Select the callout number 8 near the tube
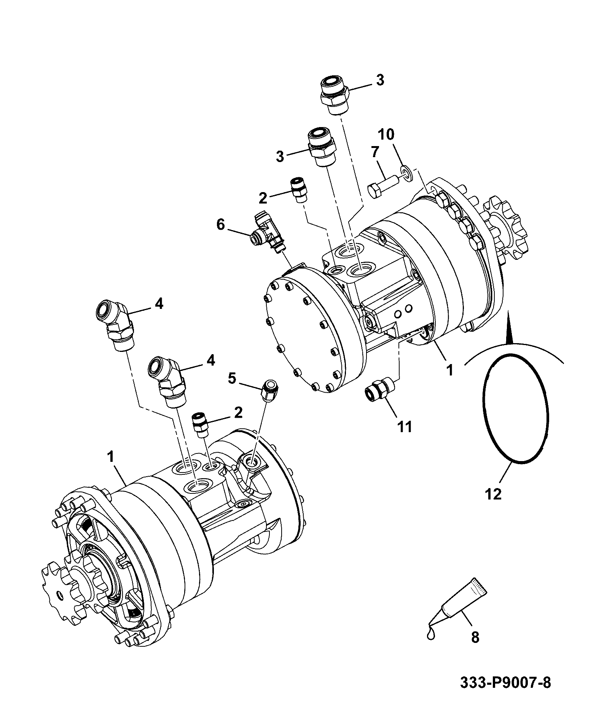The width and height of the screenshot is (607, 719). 475,637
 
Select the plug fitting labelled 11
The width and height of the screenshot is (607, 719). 378,390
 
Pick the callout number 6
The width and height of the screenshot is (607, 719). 221,224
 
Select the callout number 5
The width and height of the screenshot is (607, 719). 233,378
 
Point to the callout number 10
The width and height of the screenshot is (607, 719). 386,134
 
